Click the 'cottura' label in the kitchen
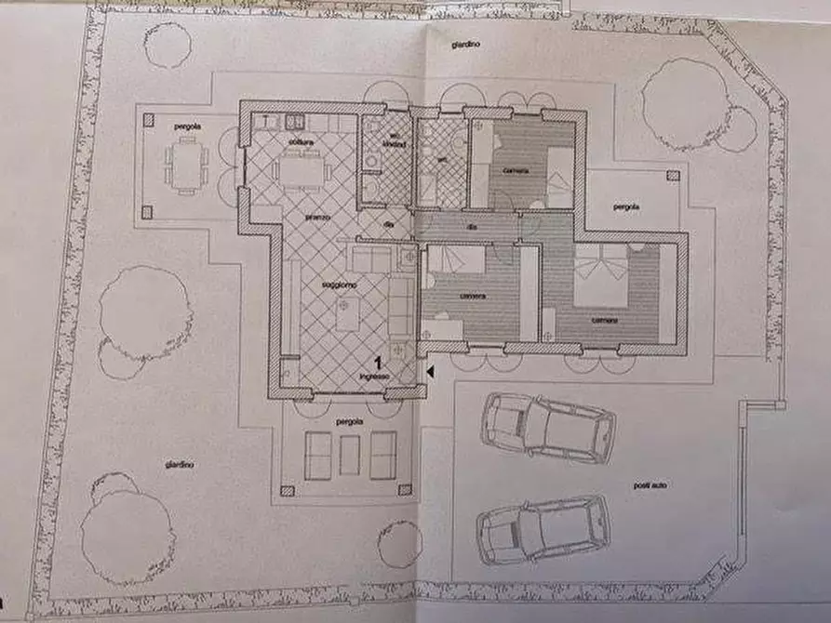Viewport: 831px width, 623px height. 300,141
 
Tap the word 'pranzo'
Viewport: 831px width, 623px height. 318,217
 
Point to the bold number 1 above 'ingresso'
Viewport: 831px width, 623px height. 379,363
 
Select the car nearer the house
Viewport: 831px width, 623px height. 547,428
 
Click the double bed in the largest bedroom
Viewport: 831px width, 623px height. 603,276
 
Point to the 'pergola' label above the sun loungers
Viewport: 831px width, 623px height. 350,422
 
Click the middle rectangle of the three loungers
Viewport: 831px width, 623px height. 350,455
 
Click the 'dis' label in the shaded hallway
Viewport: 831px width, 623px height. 472,226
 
